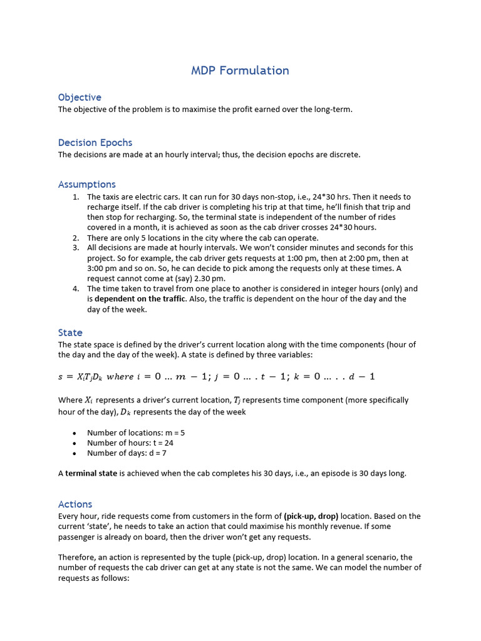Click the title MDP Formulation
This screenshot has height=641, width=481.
tap(240, 70)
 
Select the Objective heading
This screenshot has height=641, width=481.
tap(80, 97)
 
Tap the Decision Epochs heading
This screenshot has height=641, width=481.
tap(95, 142)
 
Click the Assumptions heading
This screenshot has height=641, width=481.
tap(87, 184)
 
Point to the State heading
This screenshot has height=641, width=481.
tap(70, 332)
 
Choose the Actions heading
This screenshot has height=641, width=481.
tap(75, 504)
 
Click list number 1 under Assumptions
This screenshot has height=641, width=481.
tap(75, 197)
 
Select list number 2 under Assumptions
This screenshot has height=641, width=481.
tap(75, 238)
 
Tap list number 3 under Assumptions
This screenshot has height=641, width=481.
tap(75, 248)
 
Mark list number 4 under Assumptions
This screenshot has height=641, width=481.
tap(75, 289)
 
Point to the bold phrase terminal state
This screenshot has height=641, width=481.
tap(91, 473)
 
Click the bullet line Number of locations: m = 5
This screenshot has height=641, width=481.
tap(136, 433)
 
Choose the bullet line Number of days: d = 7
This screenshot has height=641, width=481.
tap(127, 453)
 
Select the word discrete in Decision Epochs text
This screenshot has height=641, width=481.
tap(344, 155)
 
